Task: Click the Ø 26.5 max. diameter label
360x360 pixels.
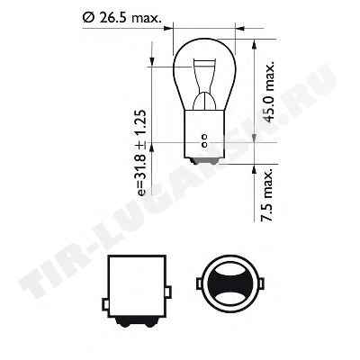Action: [x=122, y=18]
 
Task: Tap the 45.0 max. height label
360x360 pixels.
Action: [x=269, y=93]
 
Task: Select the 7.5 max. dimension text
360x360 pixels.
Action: [x=267, y=194]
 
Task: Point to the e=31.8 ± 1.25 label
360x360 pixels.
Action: [x=141, y=153]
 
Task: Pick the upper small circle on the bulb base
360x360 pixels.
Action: [x=204, y=138]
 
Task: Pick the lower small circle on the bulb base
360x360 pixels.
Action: [x=204, y=145]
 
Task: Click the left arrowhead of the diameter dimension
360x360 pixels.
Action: [x=169, y=29]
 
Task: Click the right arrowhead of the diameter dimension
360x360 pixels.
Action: [x=240, y=29]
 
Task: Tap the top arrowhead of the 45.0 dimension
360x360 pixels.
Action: [x=255, y=44]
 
